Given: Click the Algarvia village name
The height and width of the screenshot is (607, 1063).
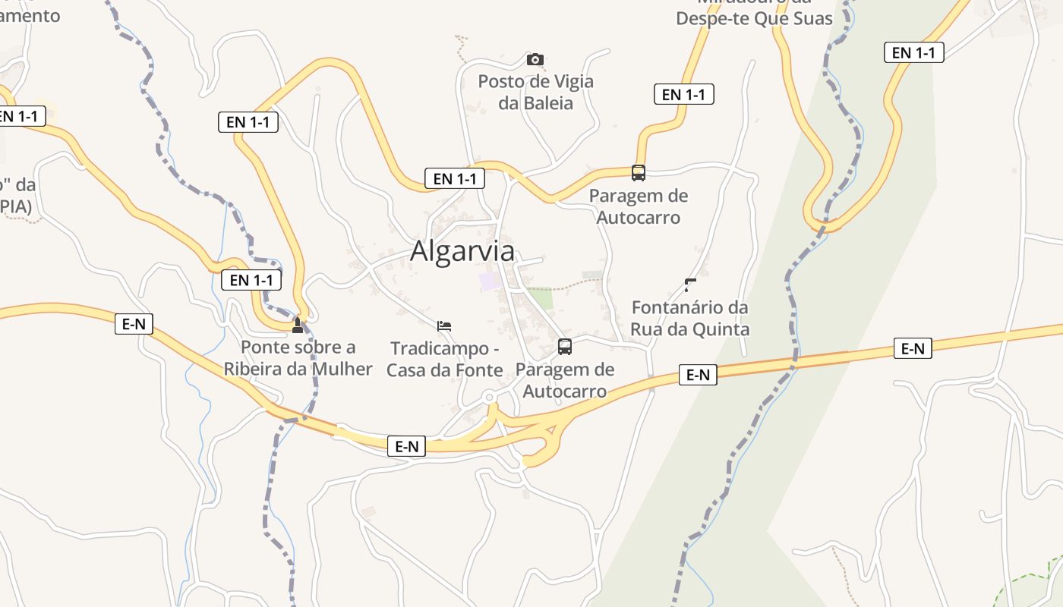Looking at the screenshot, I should point(462,251).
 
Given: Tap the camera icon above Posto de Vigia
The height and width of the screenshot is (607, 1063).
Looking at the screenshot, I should point(535,59).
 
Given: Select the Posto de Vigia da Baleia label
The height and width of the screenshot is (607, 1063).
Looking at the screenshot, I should point(535,92).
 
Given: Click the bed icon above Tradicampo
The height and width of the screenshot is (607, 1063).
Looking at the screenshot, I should point(444,326).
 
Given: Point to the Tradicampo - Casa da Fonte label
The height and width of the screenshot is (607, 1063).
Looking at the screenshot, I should point(445,359).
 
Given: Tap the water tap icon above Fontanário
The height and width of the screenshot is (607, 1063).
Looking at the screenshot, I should point(690,285).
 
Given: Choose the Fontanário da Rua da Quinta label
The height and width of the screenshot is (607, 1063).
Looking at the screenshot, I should point(690,318).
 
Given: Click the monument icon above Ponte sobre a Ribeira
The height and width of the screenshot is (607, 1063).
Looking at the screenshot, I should point(298,326).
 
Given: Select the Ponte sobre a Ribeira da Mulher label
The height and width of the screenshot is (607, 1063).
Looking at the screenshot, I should point(298,358).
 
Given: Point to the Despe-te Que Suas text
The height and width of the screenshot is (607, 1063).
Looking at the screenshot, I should point(755,18).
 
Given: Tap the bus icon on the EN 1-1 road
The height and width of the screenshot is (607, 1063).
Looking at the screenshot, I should point(639,173).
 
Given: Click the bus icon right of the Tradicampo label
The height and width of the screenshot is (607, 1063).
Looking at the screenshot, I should point(565,347).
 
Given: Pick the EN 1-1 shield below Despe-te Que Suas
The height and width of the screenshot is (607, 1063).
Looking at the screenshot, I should point(683,94).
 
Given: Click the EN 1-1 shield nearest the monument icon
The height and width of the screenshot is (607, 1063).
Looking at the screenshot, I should point(251,280).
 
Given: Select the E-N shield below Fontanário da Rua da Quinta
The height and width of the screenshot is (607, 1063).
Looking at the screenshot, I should point(698,374).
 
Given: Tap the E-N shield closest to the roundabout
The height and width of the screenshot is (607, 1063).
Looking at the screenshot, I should point(407,446).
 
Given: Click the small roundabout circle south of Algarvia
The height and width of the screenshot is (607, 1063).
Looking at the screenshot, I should point(490,397).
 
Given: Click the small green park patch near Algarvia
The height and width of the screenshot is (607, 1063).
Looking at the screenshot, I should point(541,298).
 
